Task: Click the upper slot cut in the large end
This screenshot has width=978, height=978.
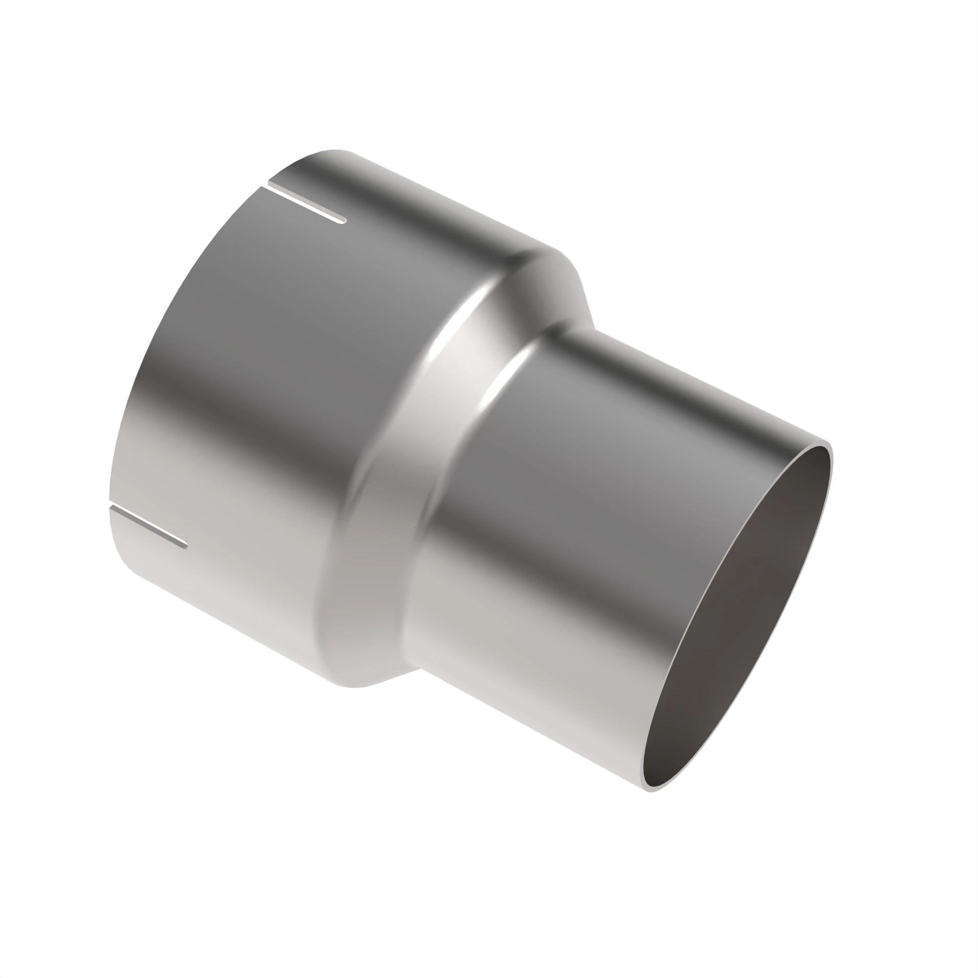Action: pos(307,204)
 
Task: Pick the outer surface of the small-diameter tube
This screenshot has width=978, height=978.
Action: pos(607,506)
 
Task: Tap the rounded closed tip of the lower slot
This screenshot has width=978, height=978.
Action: pos(185,546)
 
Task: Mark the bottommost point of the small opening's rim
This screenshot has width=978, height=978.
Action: pos(650,791)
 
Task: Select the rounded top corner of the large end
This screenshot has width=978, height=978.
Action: pos(329,152)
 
